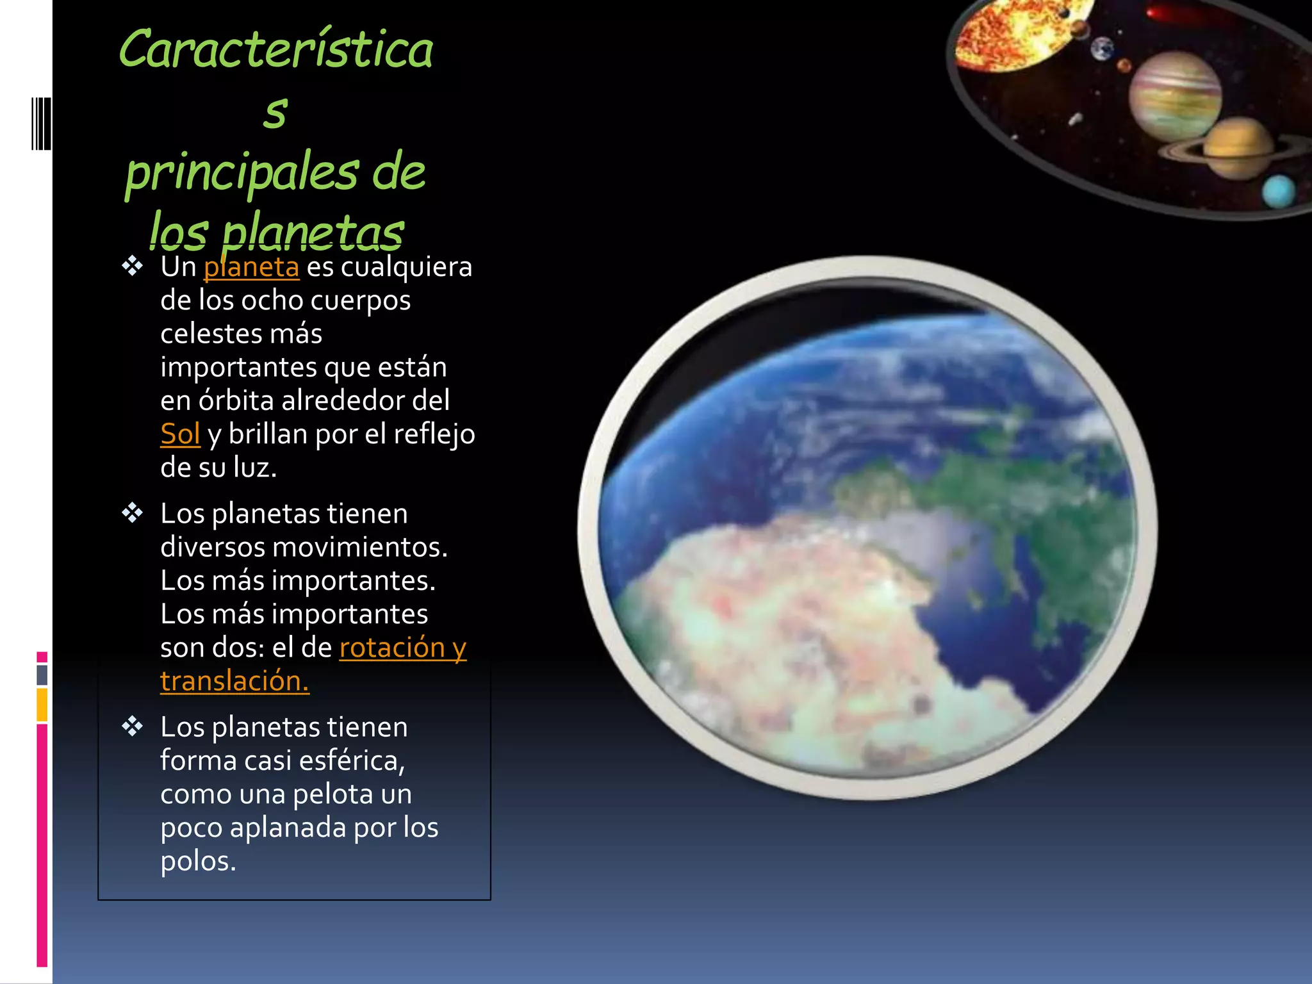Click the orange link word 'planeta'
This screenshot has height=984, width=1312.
click(x=251, y=267)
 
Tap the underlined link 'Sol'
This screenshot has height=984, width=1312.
click(x=180, y=434)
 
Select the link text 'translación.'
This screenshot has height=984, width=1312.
click(x=234, y=681)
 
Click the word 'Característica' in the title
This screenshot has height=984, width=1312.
click(x=276, y=50)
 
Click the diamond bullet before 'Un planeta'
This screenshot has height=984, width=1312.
click(x=133, y=266)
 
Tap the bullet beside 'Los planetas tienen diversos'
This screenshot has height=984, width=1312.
click(x=133, y=512)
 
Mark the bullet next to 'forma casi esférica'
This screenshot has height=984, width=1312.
click(x=133, y=726)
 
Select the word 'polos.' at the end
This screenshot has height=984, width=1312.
click(x=198, y=861)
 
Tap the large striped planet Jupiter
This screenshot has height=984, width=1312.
click(x=1175, y=96)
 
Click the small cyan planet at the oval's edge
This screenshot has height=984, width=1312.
click(x=1278, y=191)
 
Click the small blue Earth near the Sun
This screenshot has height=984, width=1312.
click(x=1103, y=49)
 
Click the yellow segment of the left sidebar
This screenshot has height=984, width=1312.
click(x=42, y=705)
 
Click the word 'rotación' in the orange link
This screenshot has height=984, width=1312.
click(x=391, y=648)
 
